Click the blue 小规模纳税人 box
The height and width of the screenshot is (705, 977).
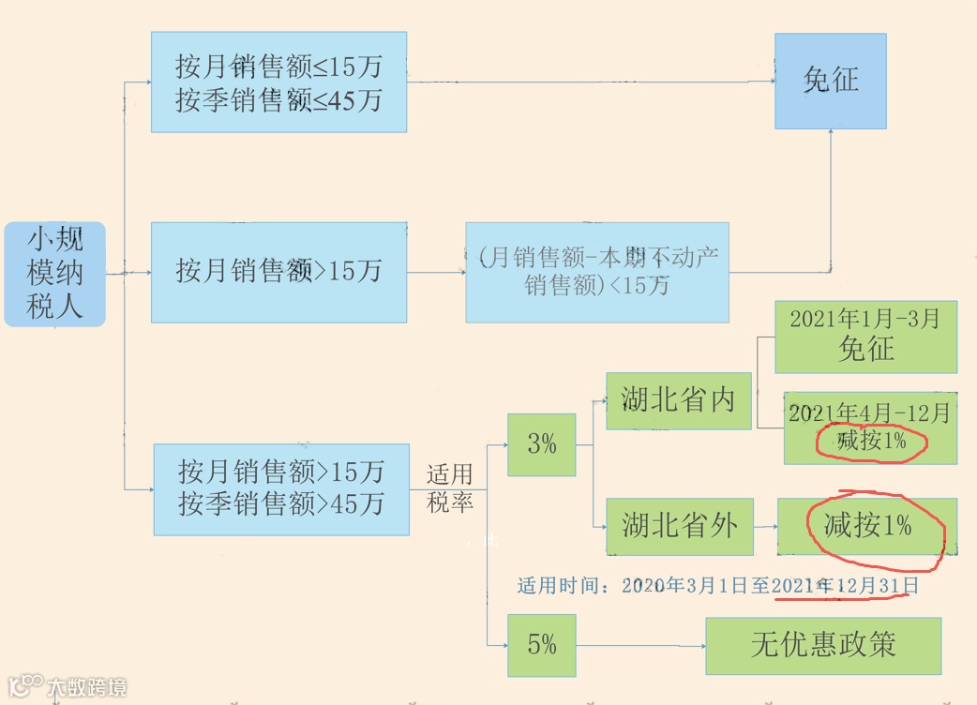click(54, 274)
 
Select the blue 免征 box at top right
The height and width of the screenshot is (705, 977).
click(830, 81)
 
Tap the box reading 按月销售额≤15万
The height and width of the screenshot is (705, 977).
click(278, 82)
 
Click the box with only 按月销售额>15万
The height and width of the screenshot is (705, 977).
click(278, 272)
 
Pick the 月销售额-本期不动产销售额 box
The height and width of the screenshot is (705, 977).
click(597, 272)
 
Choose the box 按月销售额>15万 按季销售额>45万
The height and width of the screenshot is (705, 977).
click(281, 488)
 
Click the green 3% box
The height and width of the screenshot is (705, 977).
click(541, 444)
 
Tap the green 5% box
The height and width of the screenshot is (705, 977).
click(541, 645)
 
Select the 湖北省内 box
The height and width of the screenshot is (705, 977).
click(679, 401)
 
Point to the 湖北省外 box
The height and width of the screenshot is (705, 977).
click(679, 525)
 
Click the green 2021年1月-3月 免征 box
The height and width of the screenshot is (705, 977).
click(865, 337)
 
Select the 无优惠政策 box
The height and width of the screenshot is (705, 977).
click(822, 645)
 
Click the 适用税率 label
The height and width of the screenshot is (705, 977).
click(450, 488)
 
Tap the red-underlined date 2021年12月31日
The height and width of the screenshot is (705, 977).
click(845, 587)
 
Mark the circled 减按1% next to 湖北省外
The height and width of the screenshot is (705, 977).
click(867, 526)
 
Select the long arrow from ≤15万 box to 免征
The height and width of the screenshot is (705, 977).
click(591, 82)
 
